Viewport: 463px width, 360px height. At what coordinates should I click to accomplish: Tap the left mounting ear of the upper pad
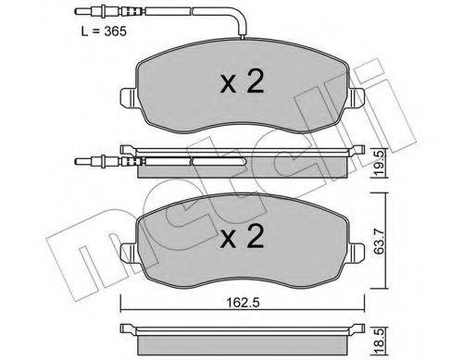coord(128,96)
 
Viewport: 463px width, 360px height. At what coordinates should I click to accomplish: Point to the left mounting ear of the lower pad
coord(128,249)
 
